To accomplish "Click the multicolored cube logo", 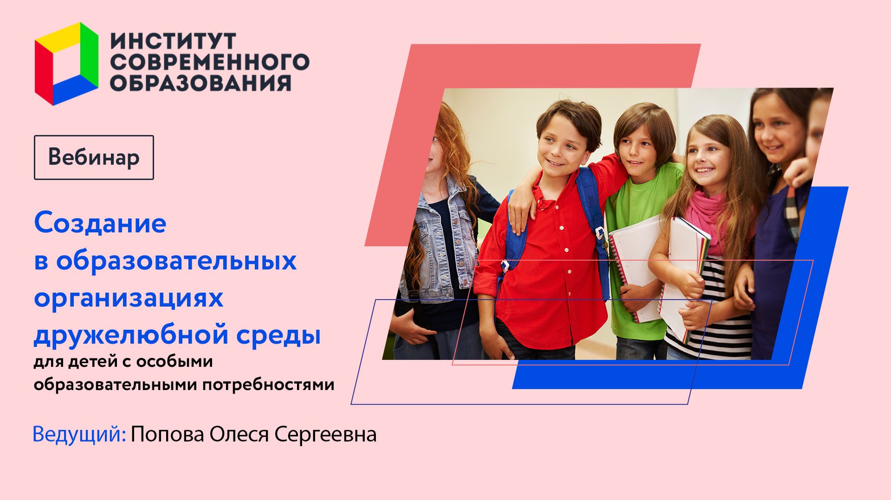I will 66,64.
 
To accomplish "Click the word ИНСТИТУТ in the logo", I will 173,42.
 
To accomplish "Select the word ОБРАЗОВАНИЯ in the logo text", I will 200,83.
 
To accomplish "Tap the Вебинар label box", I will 94,157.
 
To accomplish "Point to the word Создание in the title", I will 100,224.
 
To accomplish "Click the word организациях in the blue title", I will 129,298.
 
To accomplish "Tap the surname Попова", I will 167,435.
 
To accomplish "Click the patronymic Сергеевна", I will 325,435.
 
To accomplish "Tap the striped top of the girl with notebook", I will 729,334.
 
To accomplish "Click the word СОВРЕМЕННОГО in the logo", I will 210,62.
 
